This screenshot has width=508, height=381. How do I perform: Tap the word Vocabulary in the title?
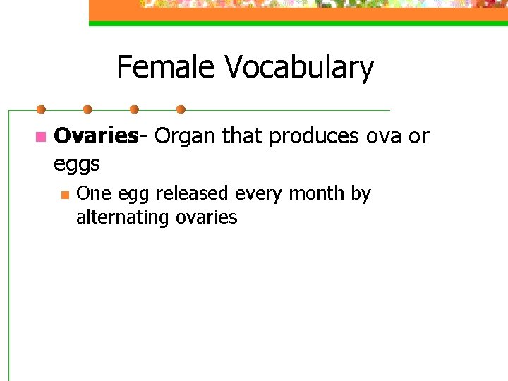pyautogui.click(x=299, y=68)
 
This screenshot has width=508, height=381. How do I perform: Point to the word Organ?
pyautogui.click(x=186, y=135)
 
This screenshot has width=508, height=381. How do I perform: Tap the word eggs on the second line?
pyautogui.click(x=77, y=165)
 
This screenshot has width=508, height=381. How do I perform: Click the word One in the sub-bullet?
pyautogui.click(x=91, y=193)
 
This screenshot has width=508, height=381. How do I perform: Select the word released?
pyautogui.click(x=182, y=193)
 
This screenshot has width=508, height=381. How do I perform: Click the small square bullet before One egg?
pyautogui.click(x=64, y=194)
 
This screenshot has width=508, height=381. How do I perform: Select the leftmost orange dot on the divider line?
pyautogui.click(x=41, y=109)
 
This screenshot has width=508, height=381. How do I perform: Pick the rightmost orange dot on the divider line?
pyautogui.click(x=181, y=109)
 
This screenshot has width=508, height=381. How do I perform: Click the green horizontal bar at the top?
pyautogui.click(x=296, y=23)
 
